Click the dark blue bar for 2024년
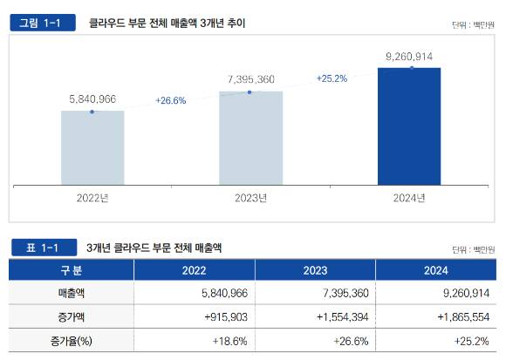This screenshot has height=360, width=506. point(409,126)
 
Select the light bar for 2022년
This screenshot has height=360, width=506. point(92,147)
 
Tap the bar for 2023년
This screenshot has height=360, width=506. point(250,138)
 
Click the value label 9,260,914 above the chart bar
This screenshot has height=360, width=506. point(409,57)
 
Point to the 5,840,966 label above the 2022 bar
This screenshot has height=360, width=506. point(92,99)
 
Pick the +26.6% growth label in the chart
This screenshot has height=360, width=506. point(171,100)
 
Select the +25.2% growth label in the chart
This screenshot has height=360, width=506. point(332,78)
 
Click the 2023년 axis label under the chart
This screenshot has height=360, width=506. point(250,198)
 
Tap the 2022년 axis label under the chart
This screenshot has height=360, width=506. point(92,198)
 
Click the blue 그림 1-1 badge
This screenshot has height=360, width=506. point(42,23)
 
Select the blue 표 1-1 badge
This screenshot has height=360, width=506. point(42,248)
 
